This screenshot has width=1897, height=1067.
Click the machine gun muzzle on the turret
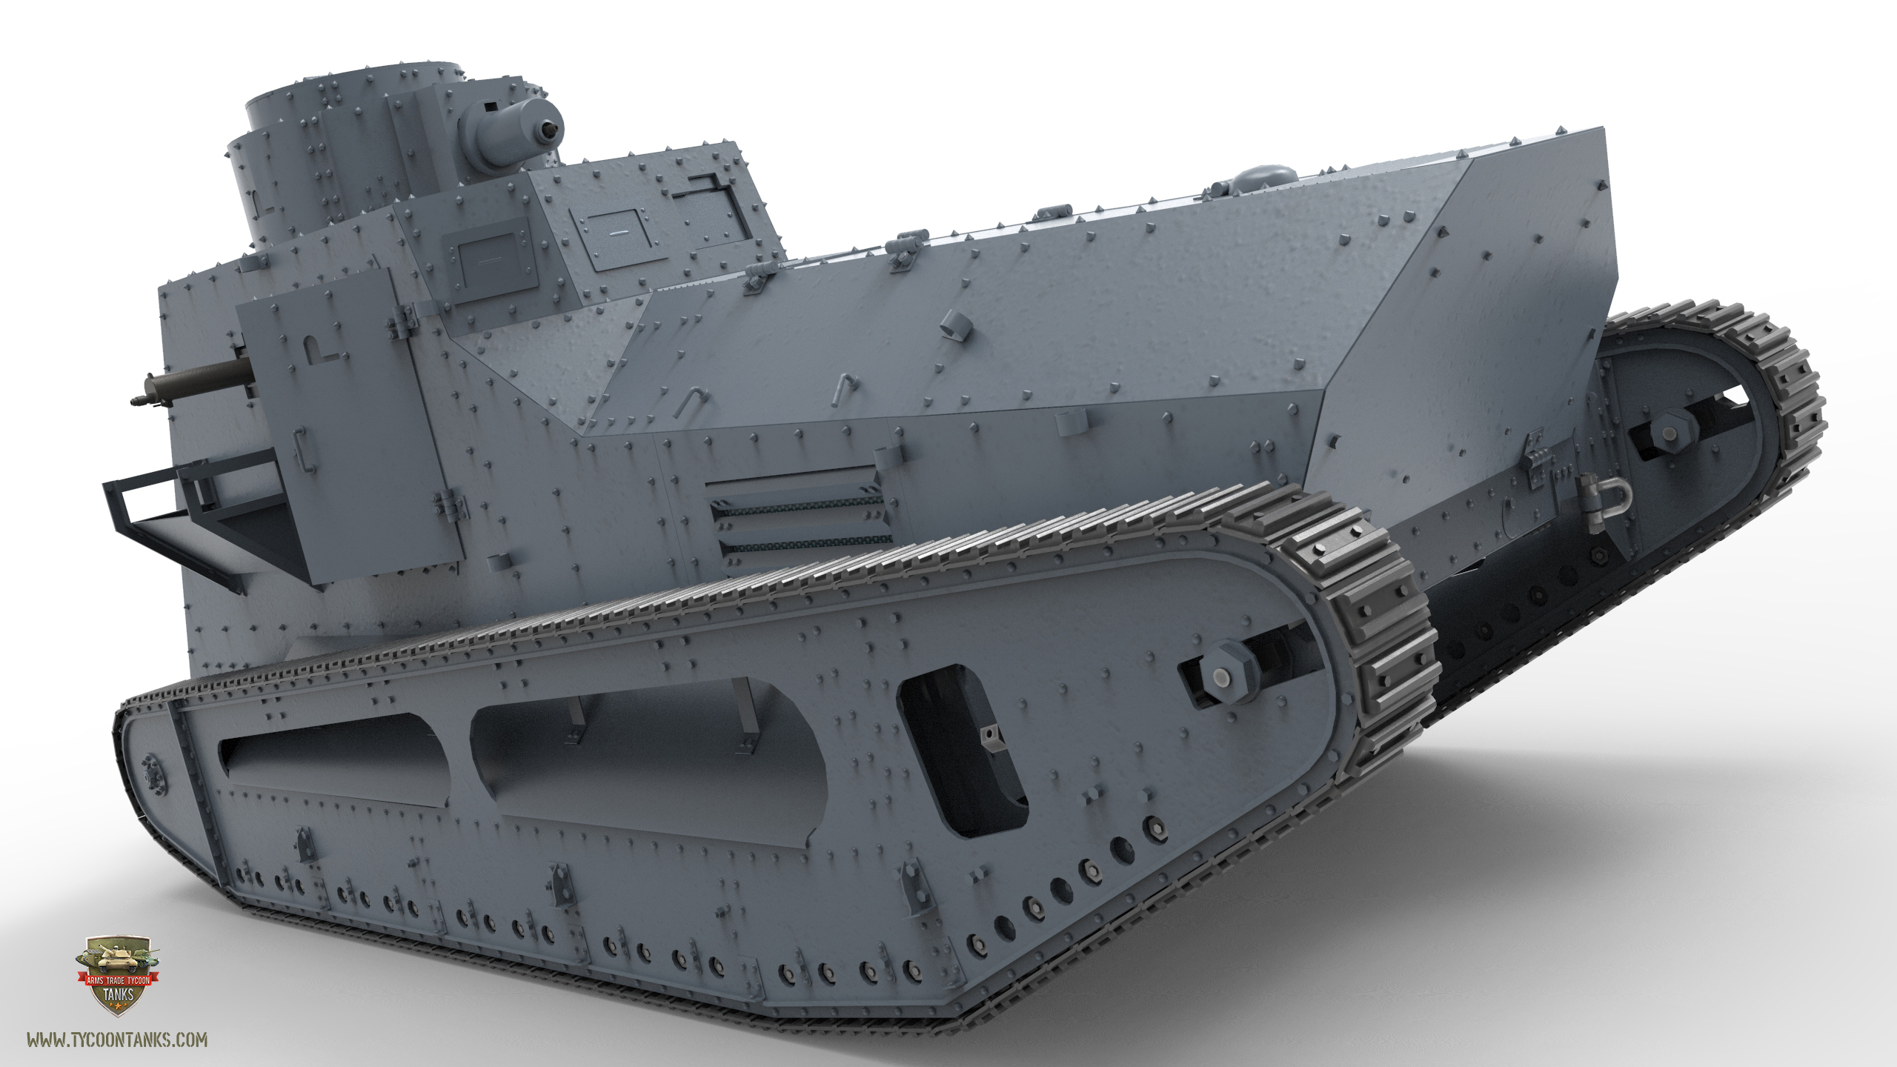pos(549,130)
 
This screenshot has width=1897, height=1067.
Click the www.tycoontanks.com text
pos(117,1040)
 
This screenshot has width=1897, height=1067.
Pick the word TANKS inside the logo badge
pos(118,994)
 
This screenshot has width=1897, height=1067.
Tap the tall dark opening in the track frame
pos(961,750)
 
